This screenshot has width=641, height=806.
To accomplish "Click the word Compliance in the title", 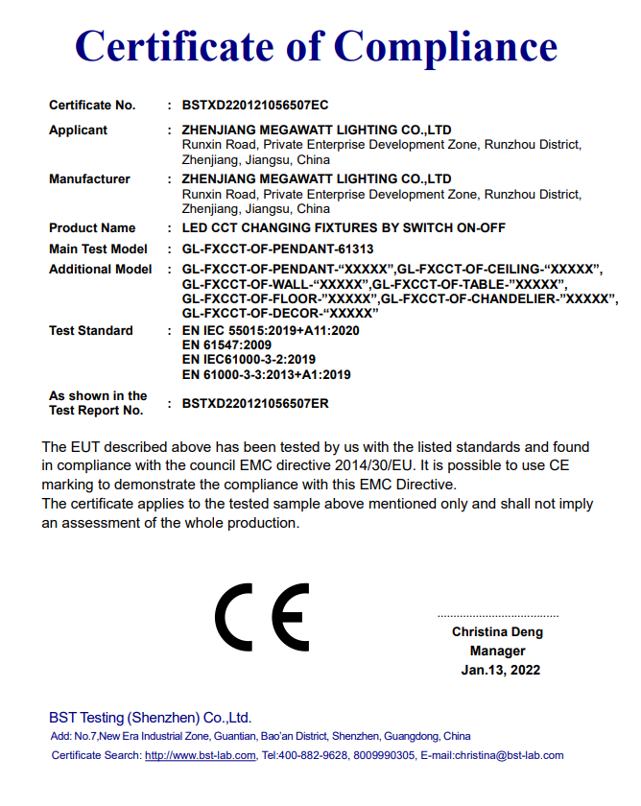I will (x=446, y=47).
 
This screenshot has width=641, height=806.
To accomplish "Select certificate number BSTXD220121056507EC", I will (x=255, y=106).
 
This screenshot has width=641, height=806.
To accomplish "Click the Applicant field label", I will (x=79, y=130).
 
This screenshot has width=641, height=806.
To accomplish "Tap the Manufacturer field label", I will (x=89, y=179).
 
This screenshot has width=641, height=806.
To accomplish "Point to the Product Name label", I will (x=92, y=228).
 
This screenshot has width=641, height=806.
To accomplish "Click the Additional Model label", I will (x=101, y=270).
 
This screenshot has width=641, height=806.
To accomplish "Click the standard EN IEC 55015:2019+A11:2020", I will (x=271, y=331).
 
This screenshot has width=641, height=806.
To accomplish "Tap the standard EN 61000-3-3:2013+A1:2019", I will (x=267, y=374).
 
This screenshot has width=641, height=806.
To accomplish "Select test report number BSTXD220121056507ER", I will (x=255, y=404).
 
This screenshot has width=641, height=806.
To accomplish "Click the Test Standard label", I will (x=91, y=331).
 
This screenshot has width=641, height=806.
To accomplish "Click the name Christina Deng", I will (x=497, y=632).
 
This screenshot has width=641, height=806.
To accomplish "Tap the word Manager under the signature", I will (x=497, y=652).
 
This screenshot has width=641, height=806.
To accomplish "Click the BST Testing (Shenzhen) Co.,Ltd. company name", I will (x=150, y=718).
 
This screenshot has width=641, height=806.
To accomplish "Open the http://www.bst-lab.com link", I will (x=201, y=756).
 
